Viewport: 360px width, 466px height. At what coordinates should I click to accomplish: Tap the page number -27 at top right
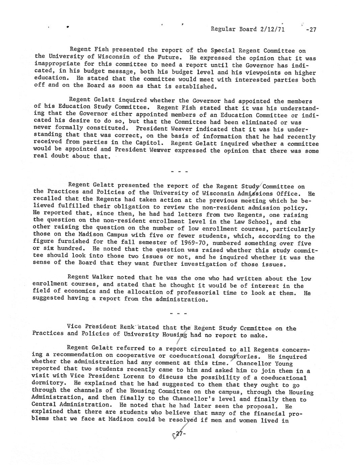311,29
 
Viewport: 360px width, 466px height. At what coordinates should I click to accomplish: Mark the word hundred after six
65,250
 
